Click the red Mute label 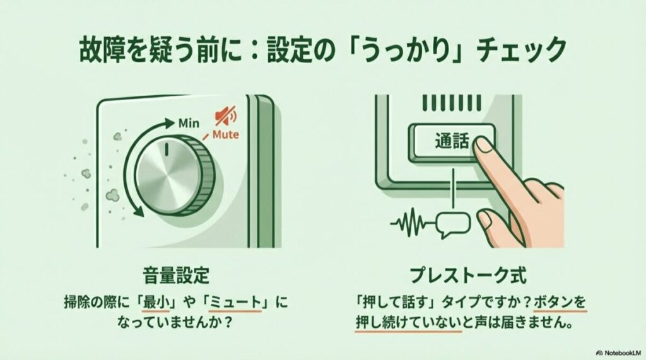[225, 135]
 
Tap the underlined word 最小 [158, 301]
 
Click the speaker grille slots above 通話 [449, 102]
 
